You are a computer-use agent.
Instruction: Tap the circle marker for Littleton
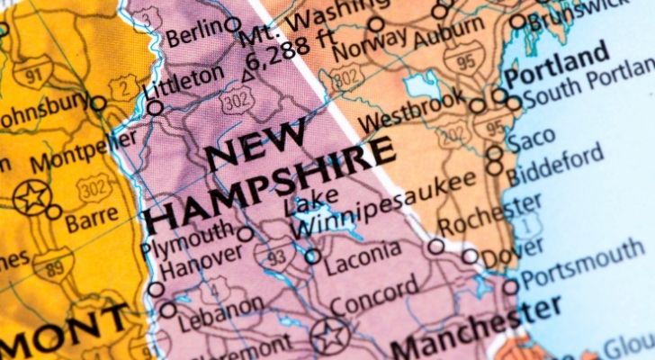pyautogui.click(x=155, y=108)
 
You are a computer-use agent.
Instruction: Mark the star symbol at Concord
pyautogui.click(x=328, y=337)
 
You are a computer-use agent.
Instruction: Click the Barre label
pyautogui.click(x=91, y=217)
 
